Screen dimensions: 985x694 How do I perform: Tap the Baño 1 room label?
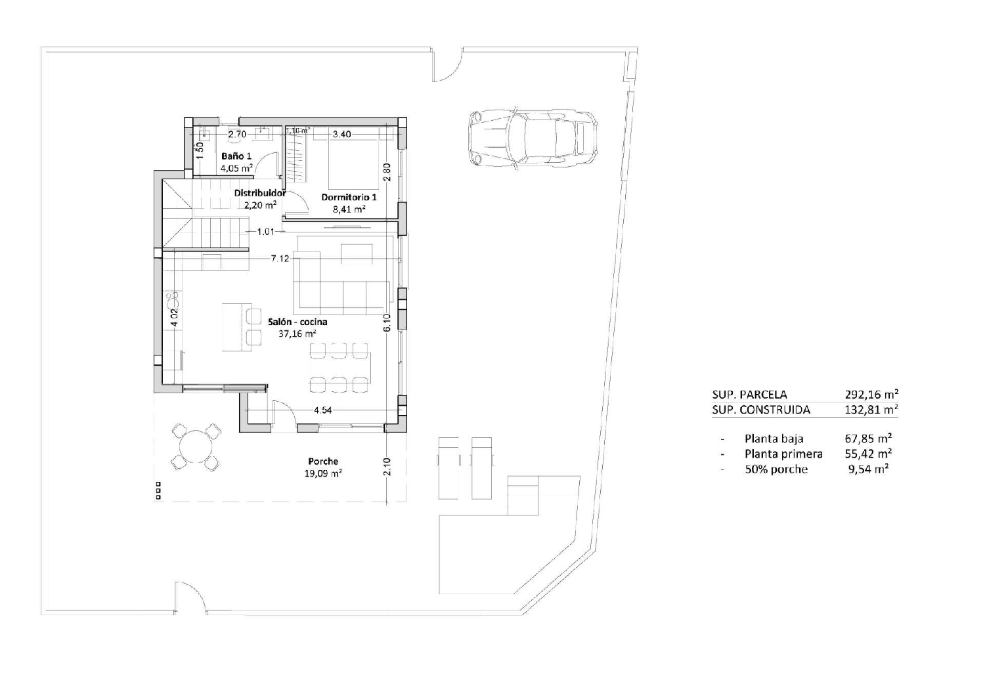(x=236, y=156)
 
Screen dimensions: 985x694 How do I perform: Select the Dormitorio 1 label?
(x=349, y=198)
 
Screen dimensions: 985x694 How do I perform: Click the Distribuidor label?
(x=260, y=193)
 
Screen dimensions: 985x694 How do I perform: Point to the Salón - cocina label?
(x=297, y=322)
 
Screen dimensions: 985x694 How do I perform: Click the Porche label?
(x=323, y=462)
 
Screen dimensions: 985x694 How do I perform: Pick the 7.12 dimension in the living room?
(x=280, y=259)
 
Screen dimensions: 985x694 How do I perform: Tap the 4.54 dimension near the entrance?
(x=323, y=410)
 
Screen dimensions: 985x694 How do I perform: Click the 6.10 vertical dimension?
(x=387, y=323)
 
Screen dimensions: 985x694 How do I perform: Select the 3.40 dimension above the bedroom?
(x=341, y=134)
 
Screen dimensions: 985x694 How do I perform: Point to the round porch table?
(x=196, y=447)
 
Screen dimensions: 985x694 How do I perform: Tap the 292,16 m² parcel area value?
(x=871, y=395)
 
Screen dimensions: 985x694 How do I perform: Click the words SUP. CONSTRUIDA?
(x=760, y=410)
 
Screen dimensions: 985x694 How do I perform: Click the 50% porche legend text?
(x=776, y=469)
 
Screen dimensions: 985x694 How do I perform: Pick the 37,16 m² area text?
(x=297, y=334)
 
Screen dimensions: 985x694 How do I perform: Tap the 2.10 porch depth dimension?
(x=387, y=467)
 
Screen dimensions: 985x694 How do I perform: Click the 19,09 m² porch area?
(x=323, y=473)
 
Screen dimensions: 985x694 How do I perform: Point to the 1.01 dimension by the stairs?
(x=265, y=231)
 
